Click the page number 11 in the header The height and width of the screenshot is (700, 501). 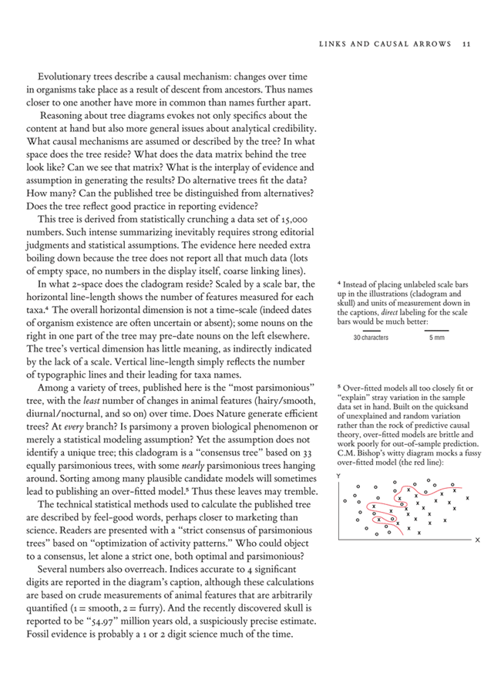click(x=467, y=44)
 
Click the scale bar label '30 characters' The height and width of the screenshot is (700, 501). click(x=371, y=338)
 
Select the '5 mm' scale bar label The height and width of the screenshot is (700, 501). click(x=436, y=338)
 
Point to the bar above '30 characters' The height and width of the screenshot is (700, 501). click(x=371, y=330)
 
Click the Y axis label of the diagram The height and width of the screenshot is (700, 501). click(x=340, y=476)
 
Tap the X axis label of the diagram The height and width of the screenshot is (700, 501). click(x=477, y=540)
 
